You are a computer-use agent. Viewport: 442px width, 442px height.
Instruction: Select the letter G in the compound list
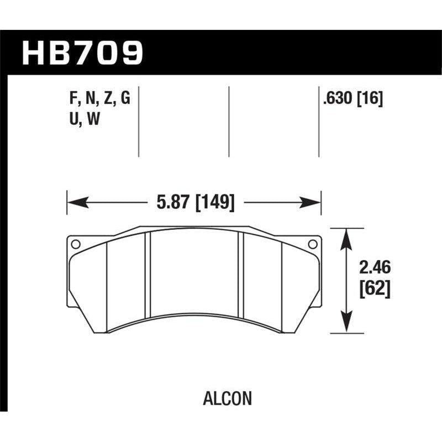[125, 99]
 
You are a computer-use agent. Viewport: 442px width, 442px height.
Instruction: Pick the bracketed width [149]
[214, 203]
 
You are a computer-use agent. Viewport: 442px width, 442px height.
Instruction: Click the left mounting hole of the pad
[76, 244]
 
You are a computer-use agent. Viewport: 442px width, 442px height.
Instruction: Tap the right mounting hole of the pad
[312, 244]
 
